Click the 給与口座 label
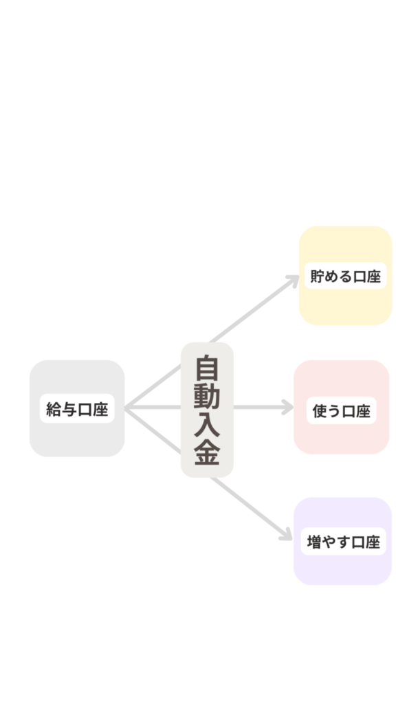click(x=77, y=409)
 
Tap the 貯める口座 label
click(x=345, y=276)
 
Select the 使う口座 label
click(x=341, y=410)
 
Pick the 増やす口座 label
click(x=344, y=542)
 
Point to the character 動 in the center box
click(x=207, y=395)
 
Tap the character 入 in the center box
click(x=207, y=424)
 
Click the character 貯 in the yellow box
click(x=318, y=276)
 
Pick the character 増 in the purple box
click(x=314, y=542)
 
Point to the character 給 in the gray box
click(x=54, y=409)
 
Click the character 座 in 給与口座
click(x=101, y=409)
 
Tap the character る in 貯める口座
click(x=346, y=276)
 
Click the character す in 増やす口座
click(x=344, y=542)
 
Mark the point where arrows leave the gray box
click(x=125, y=408)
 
